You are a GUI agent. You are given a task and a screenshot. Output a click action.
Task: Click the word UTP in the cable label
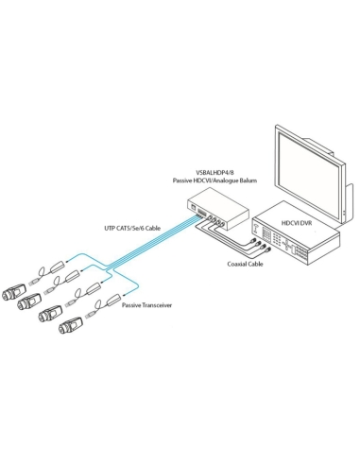point(111,228)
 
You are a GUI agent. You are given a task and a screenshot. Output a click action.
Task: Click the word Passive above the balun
point(184,179)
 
